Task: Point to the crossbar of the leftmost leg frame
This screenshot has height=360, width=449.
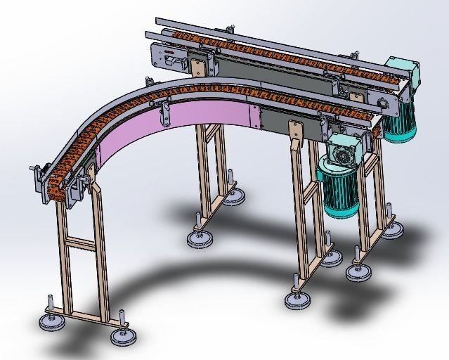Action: tap(80, 243)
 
